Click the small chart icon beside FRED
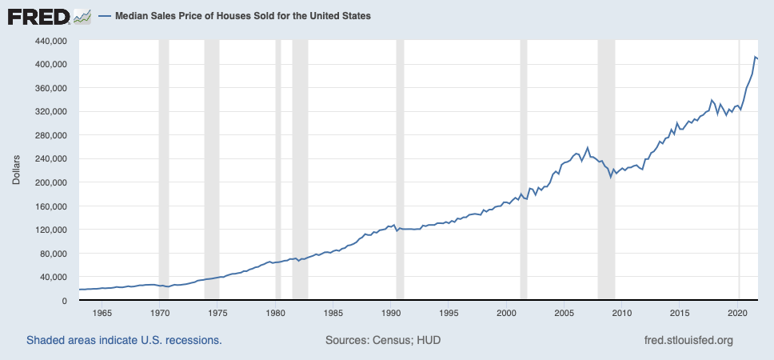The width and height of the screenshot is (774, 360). [x=81, y=16]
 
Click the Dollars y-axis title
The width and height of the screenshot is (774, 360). [x=16, y=170]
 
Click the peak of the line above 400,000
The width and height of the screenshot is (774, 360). [x=755, y=57]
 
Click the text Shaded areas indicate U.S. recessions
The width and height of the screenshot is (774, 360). [x=124, y=340]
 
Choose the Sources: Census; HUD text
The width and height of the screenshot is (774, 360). [x=383, y=340]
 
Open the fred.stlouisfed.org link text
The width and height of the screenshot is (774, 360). [x=688, y=340]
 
